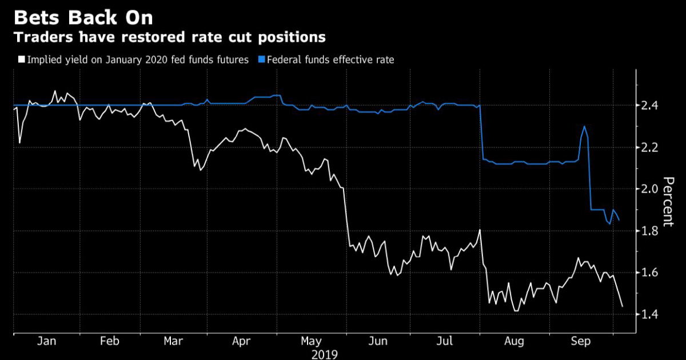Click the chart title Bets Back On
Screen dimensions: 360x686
pos(83,17)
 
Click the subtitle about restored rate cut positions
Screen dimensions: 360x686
pos(170,38)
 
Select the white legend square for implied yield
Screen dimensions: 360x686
pos(22,59)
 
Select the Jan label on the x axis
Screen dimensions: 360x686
pos(46,342)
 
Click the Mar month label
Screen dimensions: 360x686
pos(173,342)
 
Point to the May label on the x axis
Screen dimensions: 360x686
pos(311,342)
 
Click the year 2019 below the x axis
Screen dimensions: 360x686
pos(325,354)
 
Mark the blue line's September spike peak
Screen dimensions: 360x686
pos(584,126)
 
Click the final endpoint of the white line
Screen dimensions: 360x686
pos(622,307)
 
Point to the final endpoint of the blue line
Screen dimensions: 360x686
pos(619,220)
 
